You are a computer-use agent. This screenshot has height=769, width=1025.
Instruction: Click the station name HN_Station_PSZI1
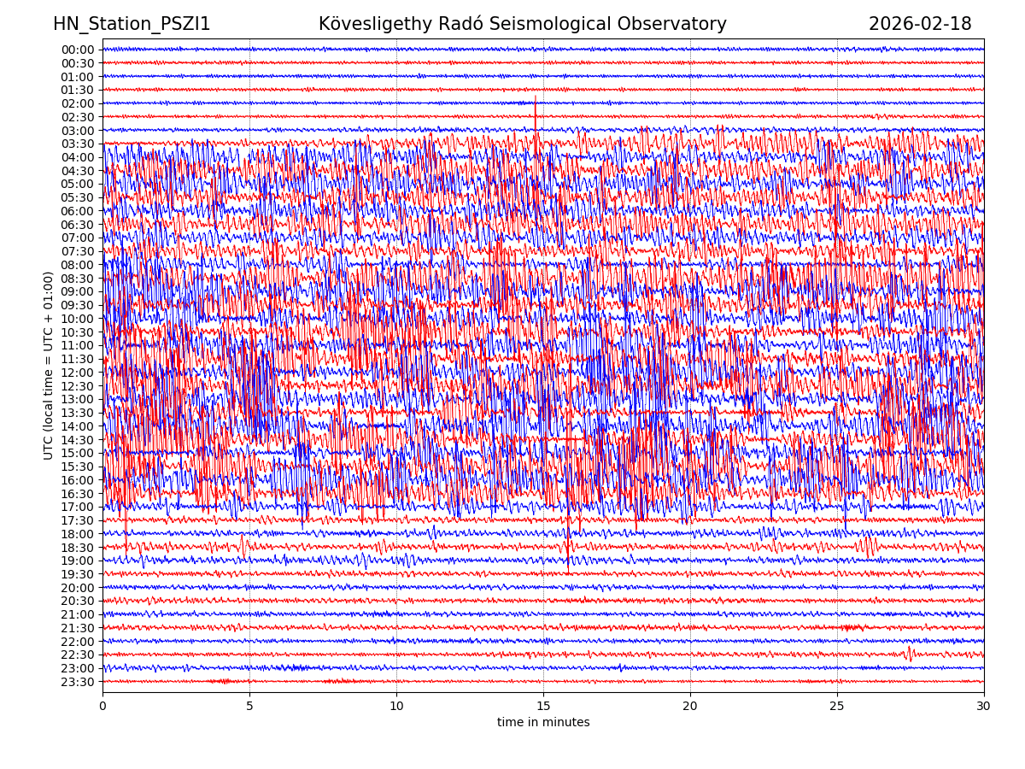tap(132, 24)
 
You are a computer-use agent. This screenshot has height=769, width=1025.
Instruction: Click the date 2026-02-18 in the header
tap(920, 24)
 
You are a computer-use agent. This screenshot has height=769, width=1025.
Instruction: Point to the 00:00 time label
tap(78, 50)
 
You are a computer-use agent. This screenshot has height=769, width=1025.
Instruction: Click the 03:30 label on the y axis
tap(78, 144)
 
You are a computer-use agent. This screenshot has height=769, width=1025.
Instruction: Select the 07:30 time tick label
tap(78, 251)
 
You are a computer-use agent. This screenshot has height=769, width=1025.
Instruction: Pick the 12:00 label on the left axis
tap(78, 373)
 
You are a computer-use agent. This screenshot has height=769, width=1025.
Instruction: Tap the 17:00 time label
tap(78, 507)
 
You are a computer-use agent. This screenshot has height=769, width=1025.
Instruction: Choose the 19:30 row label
tap(78, 574)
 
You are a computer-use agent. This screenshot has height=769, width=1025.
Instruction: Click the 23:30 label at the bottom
tap(78, 682)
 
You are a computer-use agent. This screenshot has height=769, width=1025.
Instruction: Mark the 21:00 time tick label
tap(78, 614)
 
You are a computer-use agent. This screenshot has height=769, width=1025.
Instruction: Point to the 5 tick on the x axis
tap(249, 707)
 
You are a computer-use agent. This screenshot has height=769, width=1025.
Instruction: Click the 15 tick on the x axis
tap(543, 707)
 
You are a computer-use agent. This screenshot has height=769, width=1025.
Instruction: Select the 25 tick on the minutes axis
tap(837, 707)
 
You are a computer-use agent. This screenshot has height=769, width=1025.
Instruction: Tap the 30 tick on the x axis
tap(984, 707)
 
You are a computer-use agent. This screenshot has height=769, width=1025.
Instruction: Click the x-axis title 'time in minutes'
tap(543, 723)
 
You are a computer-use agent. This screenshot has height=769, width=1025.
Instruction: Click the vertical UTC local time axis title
tap(49, 366)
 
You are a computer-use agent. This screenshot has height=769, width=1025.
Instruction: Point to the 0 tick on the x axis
tap(102, 707)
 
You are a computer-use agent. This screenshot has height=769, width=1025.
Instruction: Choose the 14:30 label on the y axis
tap(78, 440)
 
